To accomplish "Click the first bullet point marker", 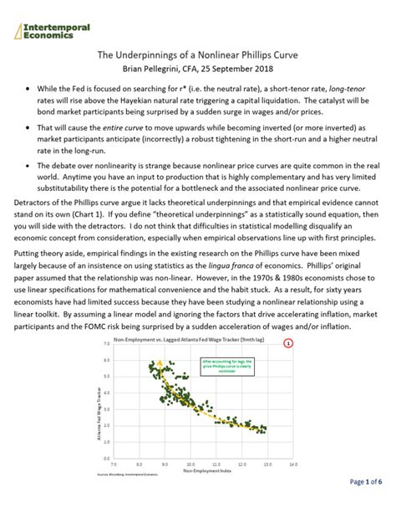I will (x=29, y=88).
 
